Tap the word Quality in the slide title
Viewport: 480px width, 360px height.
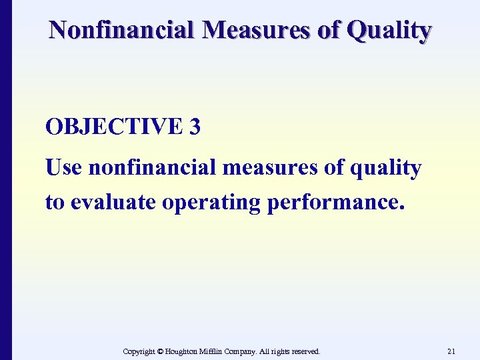tap(395, 31)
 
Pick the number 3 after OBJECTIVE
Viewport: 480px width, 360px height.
tap(195, 127)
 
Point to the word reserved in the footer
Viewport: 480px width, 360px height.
tap(304, 351)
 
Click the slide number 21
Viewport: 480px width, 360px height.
tap(451, 351)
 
